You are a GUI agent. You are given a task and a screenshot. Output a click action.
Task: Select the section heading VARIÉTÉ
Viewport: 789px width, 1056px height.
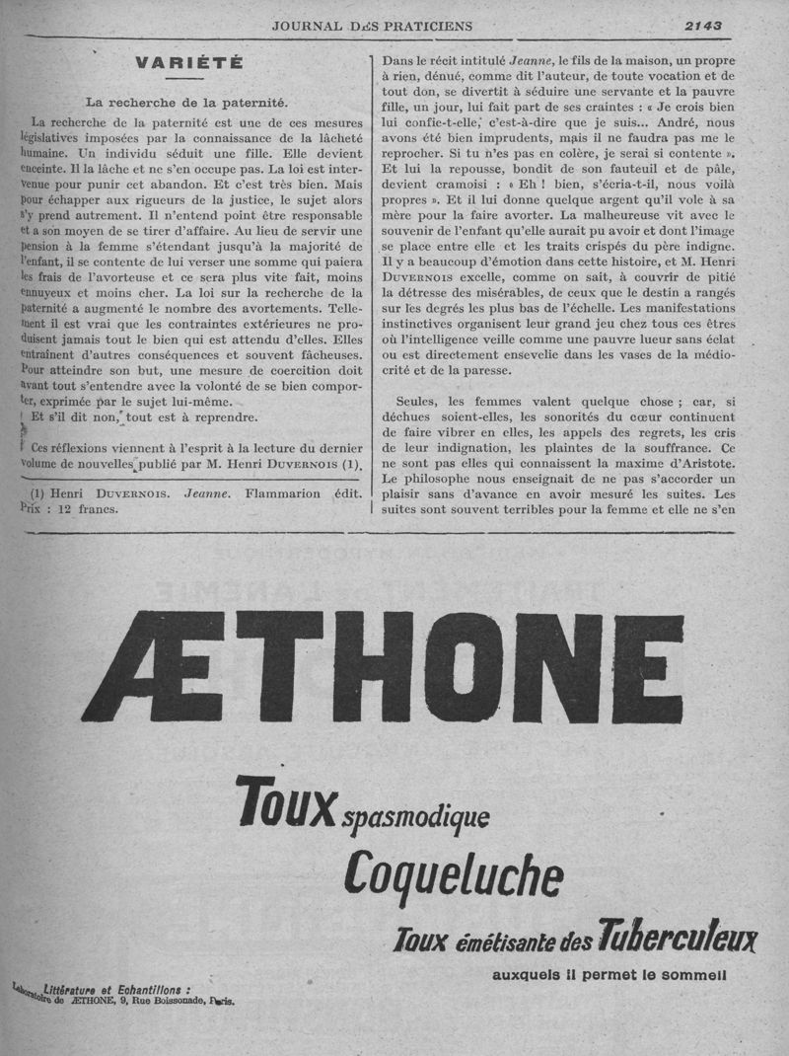190,64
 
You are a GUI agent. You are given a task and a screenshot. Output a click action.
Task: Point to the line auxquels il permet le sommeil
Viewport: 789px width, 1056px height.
609,975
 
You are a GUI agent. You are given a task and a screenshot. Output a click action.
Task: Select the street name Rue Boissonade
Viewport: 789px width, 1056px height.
175,1000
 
